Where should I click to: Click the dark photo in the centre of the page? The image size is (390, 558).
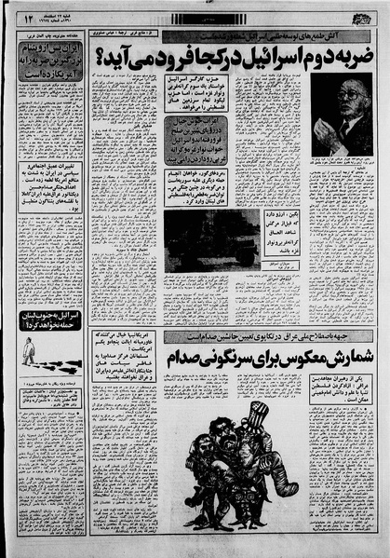198,239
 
